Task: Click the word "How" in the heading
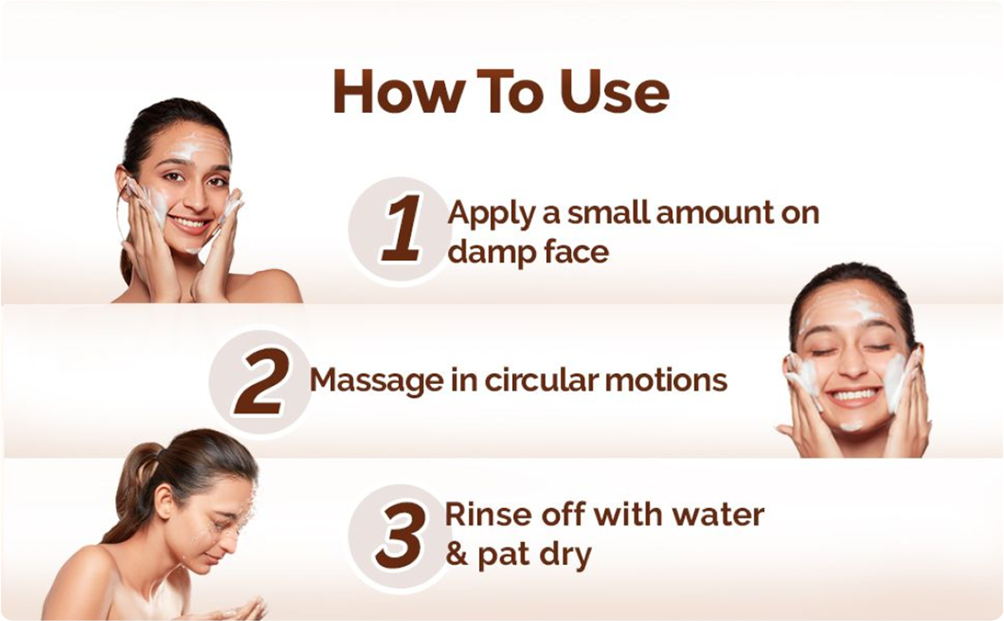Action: point(397,91)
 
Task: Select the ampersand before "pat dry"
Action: point(456,555)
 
